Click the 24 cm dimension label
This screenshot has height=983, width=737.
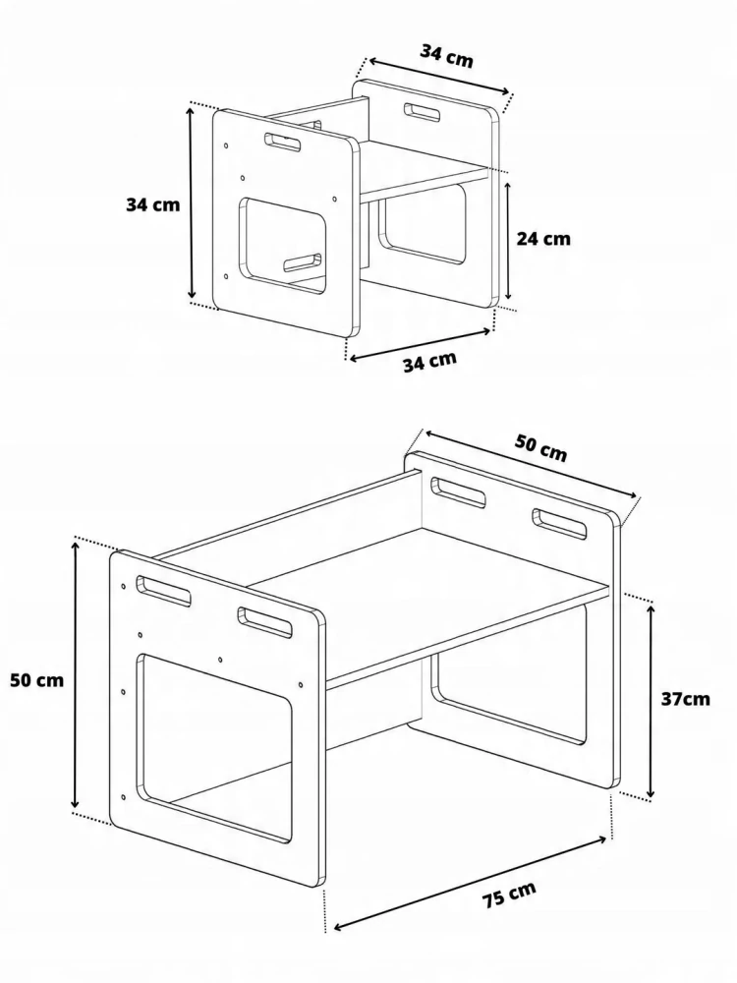tap(543, 239)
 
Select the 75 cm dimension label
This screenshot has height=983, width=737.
tap(509, 895)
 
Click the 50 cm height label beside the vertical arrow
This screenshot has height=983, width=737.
tap(37, 679)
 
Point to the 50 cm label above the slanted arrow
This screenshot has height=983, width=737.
tap(540, 447)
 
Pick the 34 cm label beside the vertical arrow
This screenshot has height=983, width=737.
tap(153, 205)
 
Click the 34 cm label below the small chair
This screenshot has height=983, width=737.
tap(429, 361)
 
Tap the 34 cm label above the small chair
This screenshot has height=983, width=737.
tap(446, 56)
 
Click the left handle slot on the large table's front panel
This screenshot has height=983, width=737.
tap(163, 591)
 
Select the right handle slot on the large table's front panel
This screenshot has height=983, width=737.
tap(264, 622)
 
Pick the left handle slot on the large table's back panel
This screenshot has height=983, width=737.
tap(458, 492)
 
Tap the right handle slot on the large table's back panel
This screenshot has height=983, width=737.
tap(560, 524)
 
